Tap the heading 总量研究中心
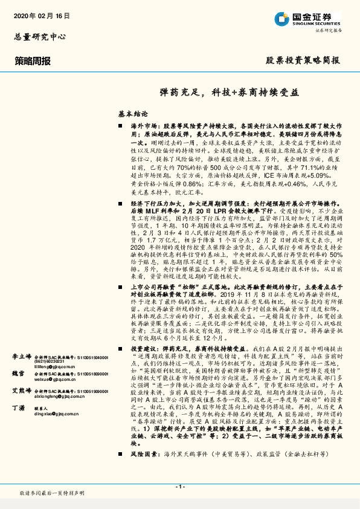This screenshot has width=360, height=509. (x=39, y=37)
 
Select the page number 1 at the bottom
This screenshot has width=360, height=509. (x=179, y=487)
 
